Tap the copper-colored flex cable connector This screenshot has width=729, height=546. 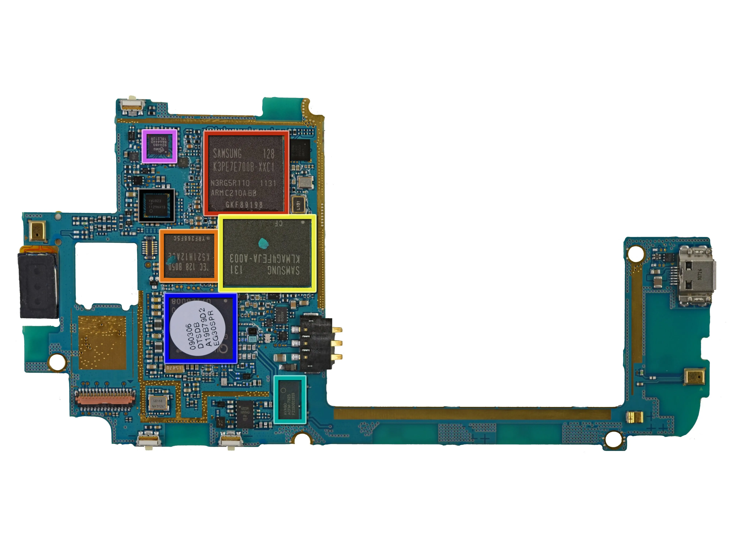click(x=105, y=399)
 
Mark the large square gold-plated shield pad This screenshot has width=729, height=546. click(x=102, y=343)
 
